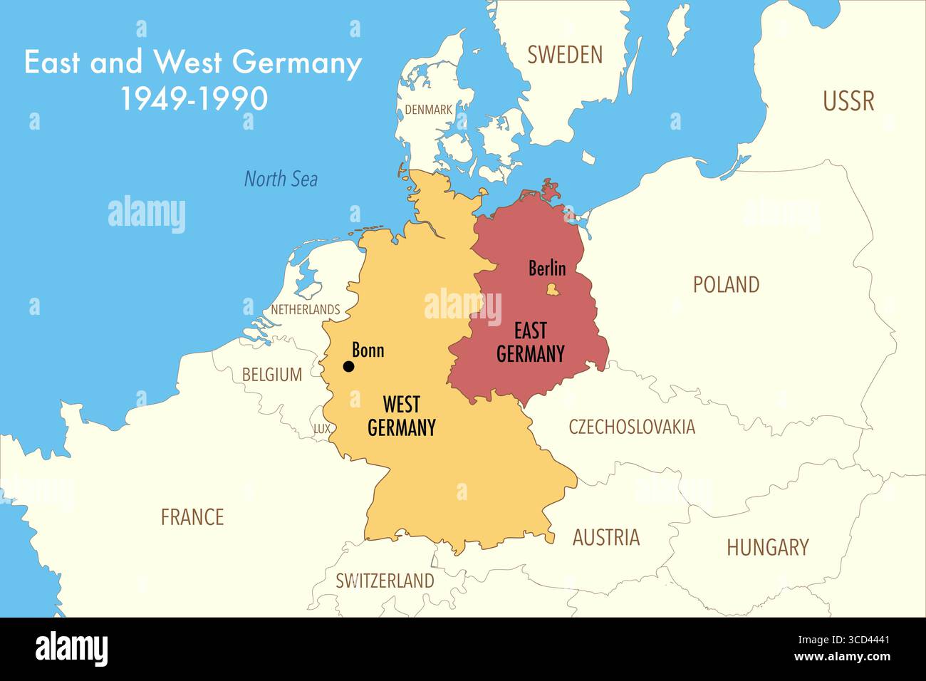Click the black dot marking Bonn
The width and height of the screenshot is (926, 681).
click(x=348, y=367)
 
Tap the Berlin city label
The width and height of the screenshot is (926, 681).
click(x=547, y=269)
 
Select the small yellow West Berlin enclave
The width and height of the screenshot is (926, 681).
click(x=551, y=289)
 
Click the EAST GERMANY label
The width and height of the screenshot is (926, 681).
click(x=530, y=342)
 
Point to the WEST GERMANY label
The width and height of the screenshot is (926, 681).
click(x=401, y=416)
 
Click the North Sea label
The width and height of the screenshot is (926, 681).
click(x=281, y=179)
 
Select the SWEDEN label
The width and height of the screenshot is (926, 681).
click(x=565, y=55)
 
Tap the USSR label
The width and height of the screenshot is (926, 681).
click(x=848, y=101)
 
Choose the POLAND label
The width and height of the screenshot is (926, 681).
click(x=726, y=285)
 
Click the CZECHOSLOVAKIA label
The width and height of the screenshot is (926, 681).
click(x=631, y=427)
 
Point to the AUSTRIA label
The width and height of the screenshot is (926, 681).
click(x=605, y=537)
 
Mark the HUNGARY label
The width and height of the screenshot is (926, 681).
click(x=767, y=547)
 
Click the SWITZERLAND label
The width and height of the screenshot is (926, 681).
click(x=385, y=581)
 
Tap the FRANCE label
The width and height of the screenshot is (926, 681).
click(x=192, y=517)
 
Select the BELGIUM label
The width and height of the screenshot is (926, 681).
click(x=271, y=375)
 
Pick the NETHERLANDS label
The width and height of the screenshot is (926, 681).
click(x=305, y=310)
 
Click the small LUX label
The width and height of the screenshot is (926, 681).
click(x=322, y=429)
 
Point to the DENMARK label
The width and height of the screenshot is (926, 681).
click(x=428, y=110)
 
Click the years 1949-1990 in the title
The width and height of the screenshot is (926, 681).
click(x=194, y=99)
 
